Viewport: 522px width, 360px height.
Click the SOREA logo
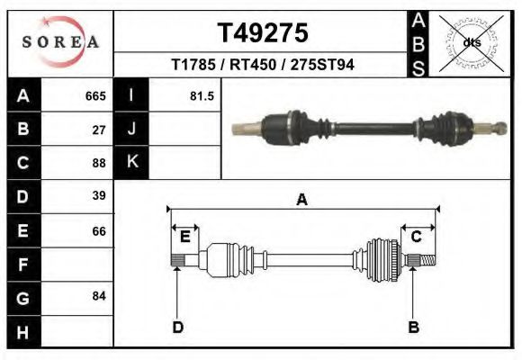(x=59, y=43)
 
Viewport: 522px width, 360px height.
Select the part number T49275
(x=263, y=33)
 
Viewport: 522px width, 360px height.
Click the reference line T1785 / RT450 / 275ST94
(x=263, y=66)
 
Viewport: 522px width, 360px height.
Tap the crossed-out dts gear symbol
(x=472, y=42)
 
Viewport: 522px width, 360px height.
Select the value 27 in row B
(x=99, y=130)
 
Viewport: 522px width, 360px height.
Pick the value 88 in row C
(x=99, y=163)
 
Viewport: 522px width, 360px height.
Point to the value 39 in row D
(x=99, y=196)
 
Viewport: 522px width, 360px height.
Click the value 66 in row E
(x=99, y=231)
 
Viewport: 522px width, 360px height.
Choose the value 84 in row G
(x=99, y=296)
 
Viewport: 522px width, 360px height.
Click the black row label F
(x=22, y=265)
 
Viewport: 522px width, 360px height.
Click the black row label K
(x=131, y=162)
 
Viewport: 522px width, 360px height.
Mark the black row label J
(x=131, y=130)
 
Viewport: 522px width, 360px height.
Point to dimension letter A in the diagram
(x=301, y=200)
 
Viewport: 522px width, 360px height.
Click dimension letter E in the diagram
(x=184, y=237)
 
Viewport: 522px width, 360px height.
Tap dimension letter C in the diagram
(x=417, y=237)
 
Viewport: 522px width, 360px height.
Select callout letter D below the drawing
(x=178, y=327)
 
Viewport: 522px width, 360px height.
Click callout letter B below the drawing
(x=413, y=327)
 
